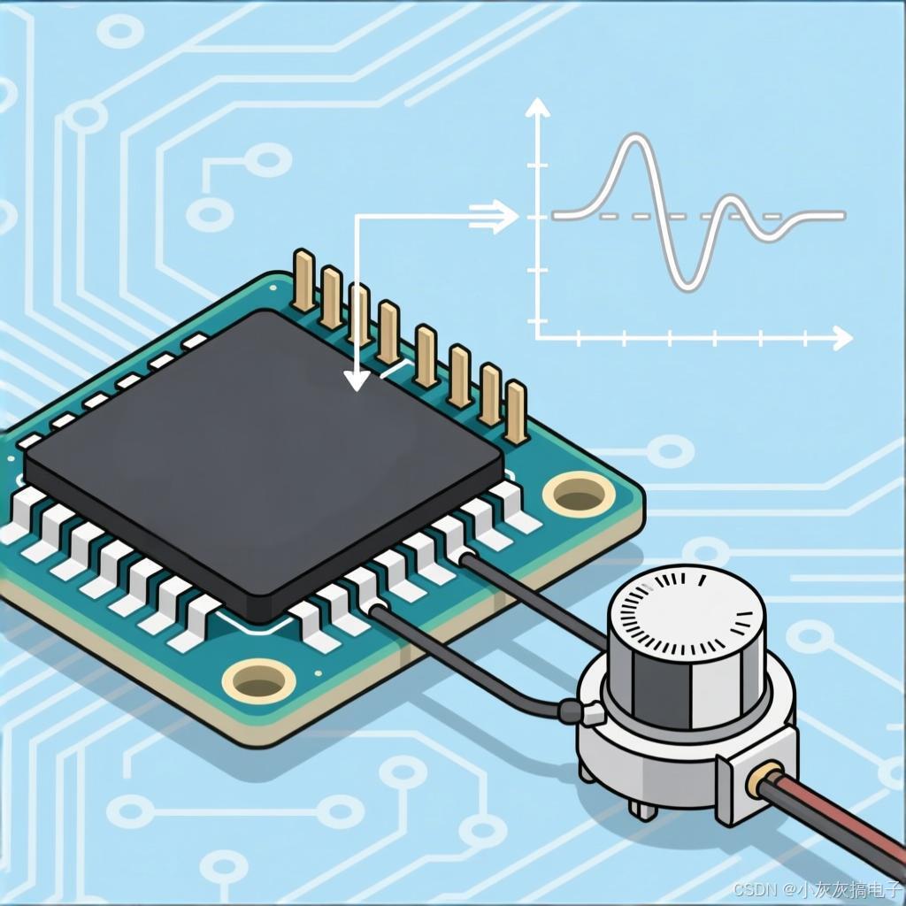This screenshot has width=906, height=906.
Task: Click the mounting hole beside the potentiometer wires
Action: click(x=579, y=494)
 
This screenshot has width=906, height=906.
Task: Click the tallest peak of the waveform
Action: click(x=635, y=137)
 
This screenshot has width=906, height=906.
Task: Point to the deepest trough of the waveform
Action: click(x=687, y=287)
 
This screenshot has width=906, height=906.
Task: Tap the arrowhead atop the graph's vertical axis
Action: click(x=538, y=106)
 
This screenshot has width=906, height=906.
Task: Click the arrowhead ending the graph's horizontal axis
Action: click(x=842, y=337)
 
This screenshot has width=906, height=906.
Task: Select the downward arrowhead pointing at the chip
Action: click(x=357, y=380)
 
